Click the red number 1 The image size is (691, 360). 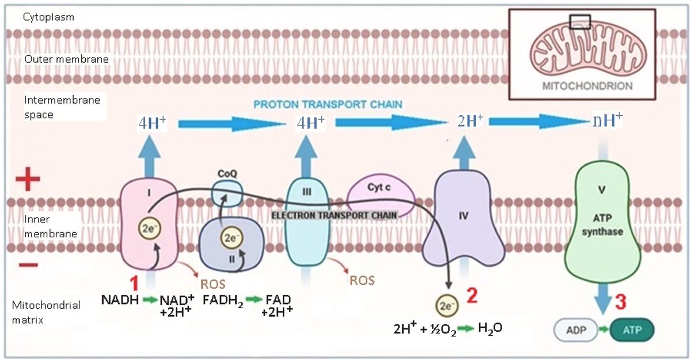click(x=134, y=284)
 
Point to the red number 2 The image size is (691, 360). click(x=472, y=296)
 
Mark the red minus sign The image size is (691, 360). click(x=27, y=266)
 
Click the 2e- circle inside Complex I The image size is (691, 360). click(x=147, y=229)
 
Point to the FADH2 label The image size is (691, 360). click(x=221, y=301)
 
